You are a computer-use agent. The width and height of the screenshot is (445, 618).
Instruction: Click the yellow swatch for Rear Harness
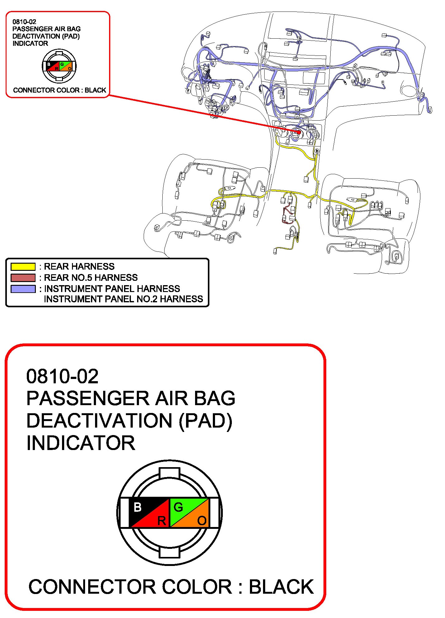(x=23, y=267)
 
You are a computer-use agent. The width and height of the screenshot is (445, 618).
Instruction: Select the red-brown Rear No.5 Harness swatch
(x=23, y=278)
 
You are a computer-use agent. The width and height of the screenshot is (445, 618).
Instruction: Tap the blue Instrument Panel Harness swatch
(x=23, y=289)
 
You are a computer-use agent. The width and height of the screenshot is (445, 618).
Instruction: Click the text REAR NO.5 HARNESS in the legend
(x=91, y=278)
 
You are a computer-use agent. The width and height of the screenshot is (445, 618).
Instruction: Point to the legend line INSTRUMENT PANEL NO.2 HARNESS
(x=123, y=299)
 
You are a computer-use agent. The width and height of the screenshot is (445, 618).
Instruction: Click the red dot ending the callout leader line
(x=299, y=132)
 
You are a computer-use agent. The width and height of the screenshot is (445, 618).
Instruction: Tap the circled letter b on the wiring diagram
(x=317, y=151)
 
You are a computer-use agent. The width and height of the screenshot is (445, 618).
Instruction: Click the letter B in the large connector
(x=137, y=507)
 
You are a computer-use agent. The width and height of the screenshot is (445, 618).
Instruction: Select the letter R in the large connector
(x=161, y=521)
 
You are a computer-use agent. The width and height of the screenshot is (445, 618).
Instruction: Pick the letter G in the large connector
(x=178, y=507)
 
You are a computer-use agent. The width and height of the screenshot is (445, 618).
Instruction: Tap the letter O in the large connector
(x=202, y=521)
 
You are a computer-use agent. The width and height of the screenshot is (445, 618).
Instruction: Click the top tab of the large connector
(x=169, y=473)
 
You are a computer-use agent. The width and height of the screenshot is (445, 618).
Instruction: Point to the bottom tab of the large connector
(x=169, y=552)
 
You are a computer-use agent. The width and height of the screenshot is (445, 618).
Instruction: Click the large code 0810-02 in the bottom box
(x=62, y=376)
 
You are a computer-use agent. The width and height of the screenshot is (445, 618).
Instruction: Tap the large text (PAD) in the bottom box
(x=206, y=421)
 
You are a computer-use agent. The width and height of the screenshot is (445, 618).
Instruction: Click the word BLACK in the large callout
(x=281, y=587)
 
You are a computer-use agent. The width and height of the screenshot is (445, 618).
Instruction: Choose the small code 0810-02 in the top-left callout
(x=24, y=22)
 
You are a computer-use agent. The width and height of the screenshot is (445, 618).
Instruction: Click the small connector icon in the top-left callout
(x=59, y=66)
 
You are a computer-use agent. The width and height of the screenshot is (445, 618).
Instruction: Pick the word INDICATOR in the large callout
(x=81, y=443)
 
